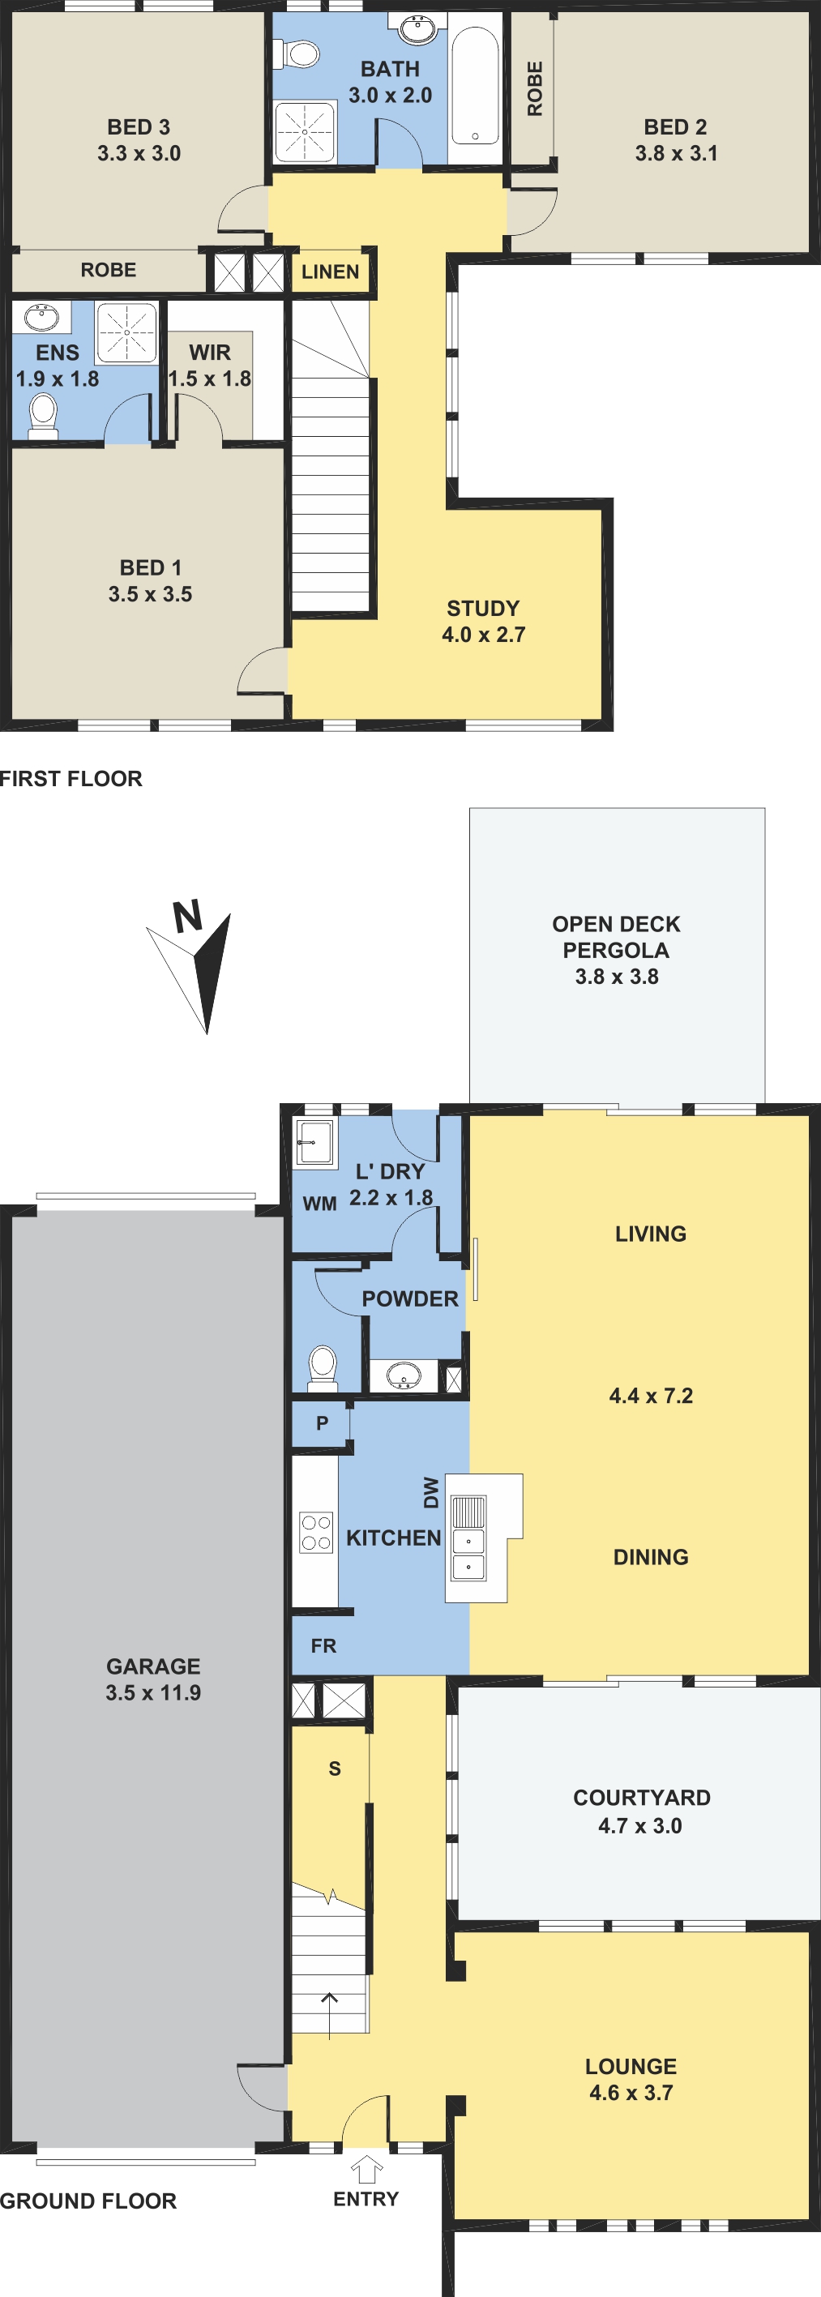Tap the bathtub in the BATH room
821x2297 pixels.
point(475,86)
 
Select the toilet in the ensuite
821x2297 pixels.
point(43,417)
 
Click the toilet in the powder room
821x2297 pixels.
point(322,1368)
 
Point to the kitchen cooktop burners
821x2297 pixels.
point(316,1532)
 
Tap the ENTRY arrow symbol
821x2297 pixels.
point(366,2169)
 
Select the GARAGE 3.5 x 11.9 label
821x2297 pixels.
point(153,1679)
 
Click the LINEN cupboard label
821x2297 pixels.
point(330,272)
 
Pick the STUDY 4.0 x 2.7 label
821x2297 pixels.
point(483,622)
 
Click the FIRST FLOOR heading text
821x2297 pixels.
point(71,778)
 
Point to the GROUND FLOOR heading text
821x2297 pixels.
point(88,2201)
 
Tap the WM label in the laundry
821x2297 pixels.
point(319,1204)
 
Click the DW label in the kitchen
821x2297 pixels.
point(431,1493)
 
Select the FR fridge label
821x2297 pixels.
point(323,1646)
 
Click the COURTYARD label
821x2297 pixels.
point(642,1798)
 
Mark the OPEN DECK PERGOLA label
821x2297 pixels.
point(616,937)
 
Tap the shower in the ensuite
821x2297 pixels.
point(126,332)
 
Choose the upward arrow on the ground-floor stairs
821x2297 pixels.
point(330,2014)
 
